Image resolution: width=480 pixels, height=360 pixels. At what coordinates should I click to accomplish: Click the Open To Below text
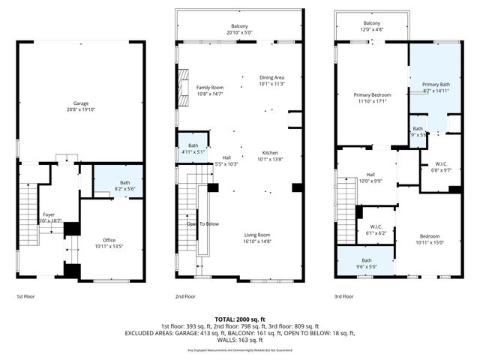point(202,223)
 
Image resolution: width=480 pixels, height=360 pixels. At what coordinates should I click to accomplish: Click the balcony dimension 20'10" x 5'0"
point(238,33)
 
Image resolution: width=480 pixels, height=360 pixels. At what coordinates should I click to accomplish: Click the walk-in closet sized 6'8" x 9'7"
point(441,166)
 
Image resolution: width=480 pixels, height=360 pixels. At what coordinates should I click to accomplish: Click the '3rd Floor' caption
point(344,296)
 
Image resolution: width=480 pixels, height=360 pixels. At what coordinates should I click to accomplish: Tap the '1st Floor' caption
point(25,296)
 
